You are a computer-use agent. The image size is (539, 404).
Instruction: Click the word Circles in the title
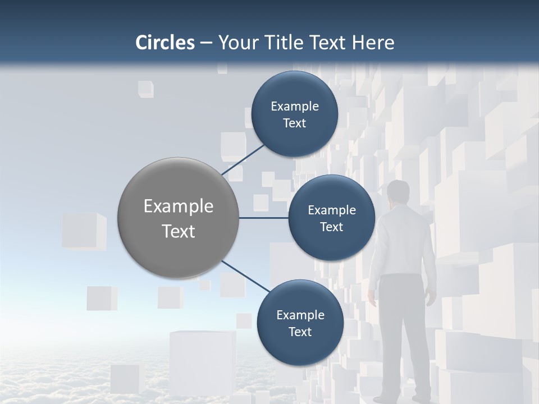tap(165, 43)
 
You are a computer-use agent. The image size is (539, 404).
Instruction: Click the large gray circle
tap(179, 218)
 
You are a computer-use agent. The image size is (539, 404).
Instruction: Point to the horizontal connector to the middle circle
tap(264, 218)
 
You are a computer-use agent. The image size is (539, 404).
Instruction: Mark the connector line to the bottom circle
tap(246, 276)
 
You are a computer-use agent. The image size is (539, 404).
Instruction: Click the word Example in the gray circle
tap(179, 206)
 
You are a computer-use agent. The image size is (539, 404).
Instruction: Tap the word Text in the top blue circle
tap(294, 123)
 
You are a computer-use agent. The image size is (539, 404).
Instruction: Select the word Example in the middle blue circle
tap(331, 210)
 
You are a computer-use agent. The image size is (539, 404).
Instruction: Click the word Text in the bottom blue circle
tap(300, 332)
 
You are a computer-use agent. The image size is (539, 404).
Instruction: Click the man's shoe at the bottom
tap(385, 400)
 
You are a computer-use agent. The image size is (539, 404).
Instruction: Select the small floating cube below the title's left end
tap(146, 89)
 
